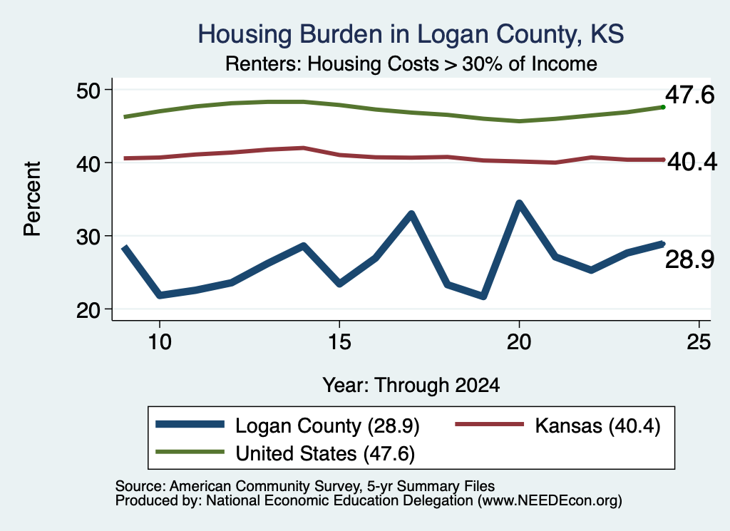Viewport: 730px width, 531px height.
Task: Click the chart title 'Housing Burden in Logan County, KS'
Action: point(411,34)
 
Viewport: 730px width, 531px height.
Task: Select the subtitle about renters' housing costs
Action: point(411,64)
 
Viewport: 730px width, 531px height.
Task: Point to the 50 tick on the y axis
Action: point(88,91)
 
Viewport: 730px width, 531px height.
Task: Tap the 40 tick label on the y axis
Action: point(88,163)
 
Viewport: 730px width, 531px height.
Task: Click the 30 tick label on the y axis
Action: point(88,237)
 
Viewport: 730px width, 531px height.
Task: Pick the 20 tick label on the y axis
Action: point(88,310)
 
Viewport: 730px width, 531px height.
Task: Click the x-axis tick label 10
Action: point(160,343)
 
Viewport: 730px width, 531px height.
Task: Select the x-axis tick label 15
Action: point(339,343)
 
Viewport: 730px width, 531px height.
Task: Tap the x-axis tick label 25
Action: point(699,343)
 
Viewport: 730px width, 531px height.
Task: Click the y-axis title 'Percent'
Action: point(33,199)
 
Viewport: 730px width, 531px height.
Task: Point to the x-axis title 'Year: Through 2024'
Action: point(411,386)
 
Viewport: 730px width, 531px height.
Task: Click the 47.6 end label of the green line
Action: point(689,95)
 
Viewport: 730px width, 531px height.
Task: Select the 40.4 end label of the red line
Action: point(692,162)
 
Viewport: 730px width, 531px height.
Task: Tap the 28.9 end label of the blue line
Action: point(689,259)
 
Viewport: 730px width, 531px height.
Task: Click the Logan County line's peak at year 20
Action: point(519,203)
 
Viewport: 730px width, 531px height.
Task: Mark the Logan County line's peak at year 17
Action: point(411,214)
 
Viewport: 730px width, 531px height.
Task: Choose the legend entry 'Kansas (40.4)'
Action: point(557,426)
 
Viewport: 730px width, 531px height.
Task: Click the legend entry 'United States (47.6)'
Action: point(285,453)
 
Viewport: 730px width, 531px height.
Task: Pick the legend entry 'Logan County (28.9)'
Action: point(288,426)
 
